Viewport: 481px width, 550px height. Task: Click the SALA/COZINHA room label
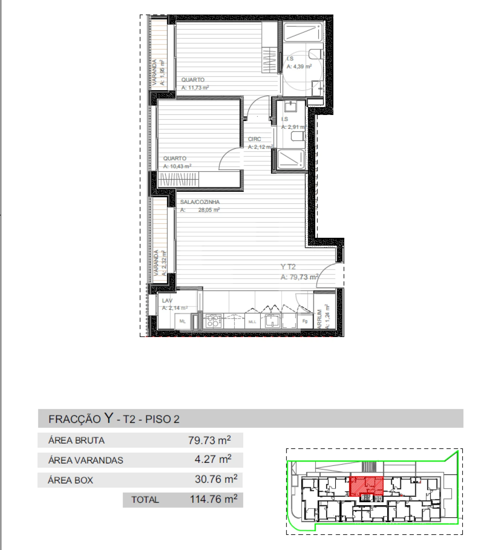point(200,202)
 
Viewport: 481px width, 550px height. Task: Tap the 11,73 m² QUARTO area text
point(195,88)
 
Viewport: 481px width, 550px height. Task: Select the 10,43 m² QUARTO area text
point(177,166)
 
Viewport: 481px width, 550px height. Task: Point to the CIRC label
point(254,139)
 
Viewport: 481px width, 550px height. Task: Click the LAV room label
point(167,301)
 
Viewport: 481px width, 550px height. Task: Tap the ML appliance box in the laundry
point(183,321)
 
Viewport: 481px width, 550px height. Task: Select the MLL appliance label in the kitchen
point(252,322)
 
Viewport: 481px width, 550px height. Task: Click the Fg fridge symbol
point(305,321)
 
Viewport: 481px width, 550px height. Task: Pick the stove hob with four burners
point(213,321)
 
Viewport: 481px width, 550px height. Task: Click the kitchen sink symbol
point(271,321)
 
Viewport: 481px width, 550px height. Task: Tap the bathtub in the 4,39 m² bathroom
point(303,32)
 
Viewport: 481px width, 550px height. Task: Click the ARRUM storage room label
point(319,319)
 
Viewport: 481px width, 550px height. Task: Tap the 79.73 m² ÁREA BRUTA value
point(209,440)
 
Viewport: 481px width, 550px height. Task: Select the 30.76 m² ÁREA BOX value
point(216,479)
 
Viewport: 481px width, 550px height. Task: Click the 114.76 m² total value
point(213,499)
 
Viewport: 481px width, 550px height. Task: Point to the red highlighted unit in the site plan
point(366,486)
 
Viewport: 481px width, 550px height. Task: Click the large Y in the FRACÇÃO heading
point(109,418)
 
